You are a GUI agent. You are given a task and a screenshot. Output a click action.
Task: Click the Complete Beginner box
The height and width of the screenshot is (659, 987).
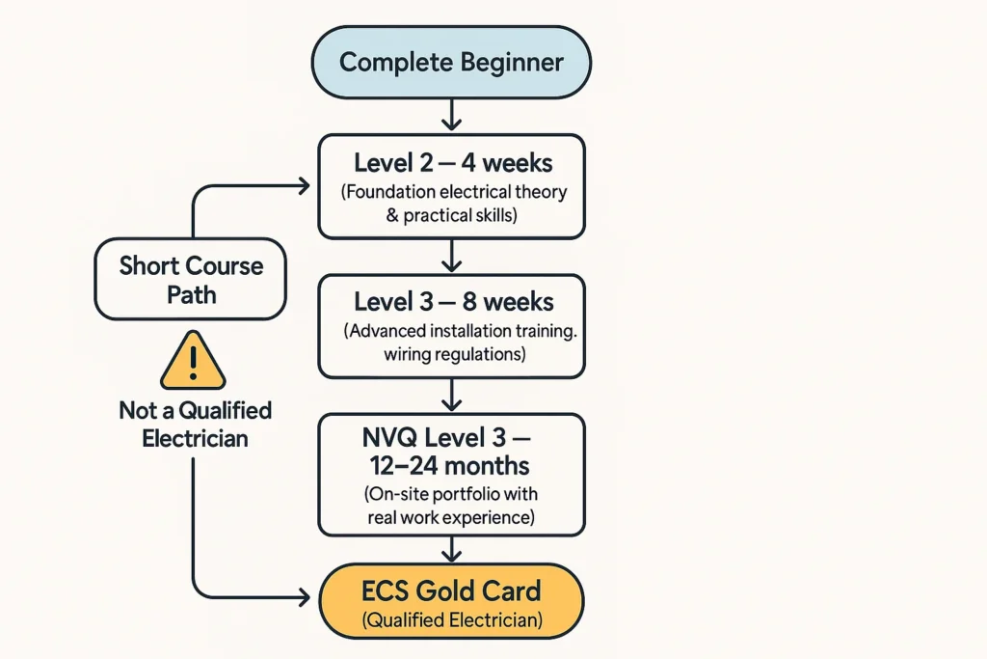click(x=451, y=63)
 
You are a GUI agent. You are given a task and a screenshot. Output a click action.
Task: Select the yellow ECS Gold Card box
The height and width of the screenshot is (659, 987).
click(x=451, y=601)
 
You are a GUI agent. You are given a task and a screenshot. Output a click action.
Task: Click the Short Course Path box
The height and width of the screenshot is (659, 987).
click(x=191, y=279)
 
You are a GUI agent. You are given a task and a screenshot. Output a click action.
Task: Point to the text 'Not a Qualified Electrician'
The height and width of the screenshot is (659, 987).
click(x=195, y=424)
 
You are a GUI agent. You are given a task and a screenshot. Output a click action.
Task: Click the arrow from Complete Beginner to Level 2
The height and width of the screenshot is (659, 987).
click(x=451, y=116)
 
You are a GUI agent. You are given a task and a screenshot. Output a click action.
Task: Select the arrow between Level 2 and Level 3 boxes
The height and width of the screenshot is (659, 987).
click(x=451, y=256)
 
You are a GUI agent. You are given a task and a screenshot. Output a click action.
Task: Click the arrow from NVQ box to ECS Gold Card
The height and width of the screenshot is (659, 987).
click(x=451, y=549)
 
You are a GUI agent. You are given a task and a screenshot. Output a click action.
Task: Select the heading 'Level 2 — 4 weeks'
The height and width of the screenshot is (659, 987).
click(x=451, y=161)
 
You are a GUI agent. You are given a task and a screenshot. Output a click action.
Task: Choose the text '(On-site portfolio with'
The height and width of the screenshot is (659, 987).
click(x=451, y=495)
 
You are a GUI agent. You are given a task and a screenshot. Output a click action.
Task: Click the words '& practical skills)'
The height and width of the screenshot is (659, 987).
click(x=451, y=215)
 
